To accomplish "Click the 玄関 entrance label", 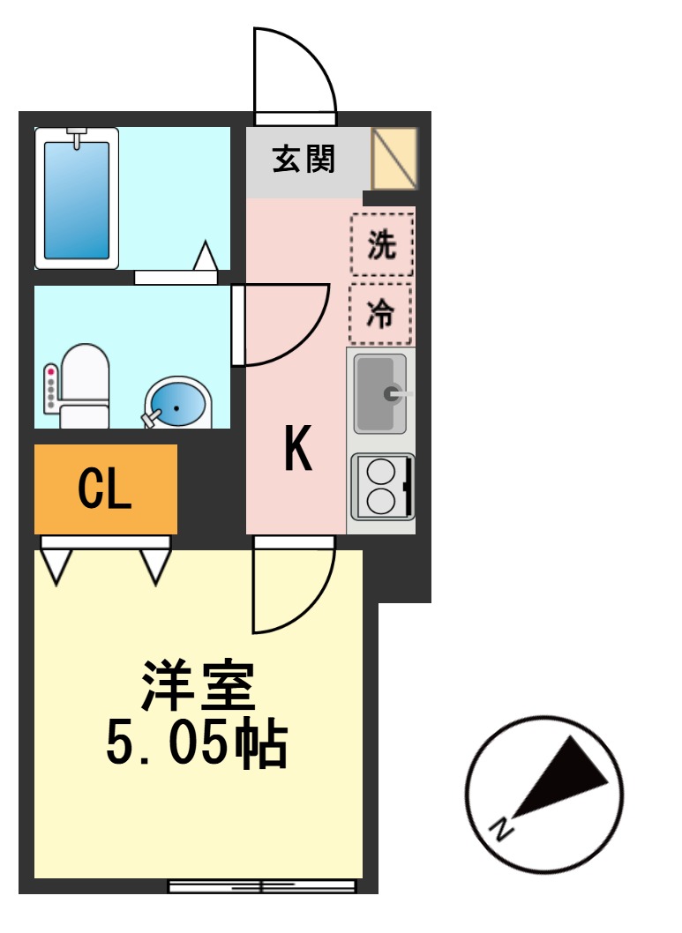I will click(x=304, y=160).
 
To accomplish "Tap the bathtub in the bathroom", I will click(x=77, y=198).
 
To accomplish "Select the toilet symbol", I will click(x=85, y=388).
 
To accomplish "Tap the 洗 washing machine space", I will click(x=381, y=244).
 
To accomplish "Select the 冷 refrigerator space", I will click(x=380, y=313).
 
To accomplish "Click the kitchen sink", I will click(x=380, y=393).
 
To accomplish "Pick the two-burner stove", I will click(x=382, y=487).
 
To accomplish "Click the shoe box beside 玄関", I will click(x=393, y=159).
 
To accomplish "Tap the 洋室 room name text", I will click(x=199, y=685).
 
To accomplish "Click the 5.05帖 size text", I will click(x=197, y=745).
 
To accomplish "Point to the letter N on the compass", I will click(x=501, y=829).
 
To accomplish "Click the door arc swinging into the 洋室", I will click(x=293, y=589).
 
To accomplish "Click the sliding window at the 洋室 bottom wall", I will click(x=262, y=885).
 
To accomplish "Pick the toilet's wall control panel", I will click(x=50, y=389).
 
